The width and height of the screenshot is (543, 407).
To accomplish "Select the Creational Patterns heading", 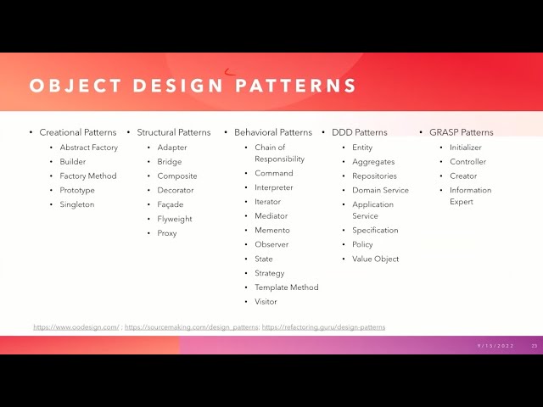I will [x=78, y=132].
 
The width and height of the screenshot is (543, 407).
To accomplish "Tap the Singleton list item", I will [x=77, y=204].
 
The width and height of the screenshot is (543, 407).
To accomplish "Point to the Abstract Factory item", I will [x=89, y=148].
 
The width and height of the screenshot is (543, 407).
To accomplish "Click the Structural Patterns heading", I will [x=174, y=132].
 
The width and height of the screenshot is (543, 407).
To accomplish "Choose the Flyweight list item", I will [x=175, y=219].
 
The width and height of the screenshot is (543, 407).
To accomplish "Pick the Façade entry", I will [x=171, y=204].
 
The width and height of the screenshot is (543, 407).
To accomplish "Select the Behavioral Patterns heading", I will [x=273, y=132].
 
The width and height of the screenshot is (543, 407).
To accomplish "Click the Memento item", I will [x=272, y=230].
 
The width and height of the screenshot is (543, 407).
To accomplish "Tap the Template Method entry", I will [x=287, y=287].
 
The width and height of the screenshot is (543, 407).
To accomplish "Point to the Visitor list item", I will [x=266, y=302].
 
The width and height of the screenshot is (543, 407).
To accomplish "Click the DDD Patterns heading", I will [x=360, y=132].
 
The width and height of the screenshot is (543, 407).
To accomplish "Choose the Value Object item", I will [x=375, y=259].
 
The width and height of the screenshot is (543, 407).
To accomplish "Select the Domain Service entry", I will [x=380, y=190].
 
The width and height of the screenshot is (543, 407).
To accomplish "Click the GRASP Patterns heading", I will [x=462, y=132].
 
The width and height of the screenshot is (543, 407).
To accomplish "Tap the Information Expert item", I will [x=470, y=196].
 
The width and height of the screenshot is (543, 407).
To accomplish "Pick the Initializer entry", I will [x=466, y=148].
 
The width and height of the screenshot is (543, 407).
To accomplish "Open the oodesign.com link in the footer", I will [x=76, y=327].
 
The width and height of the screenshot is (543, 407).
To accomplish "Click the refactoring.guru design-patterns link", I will [x=323, y=327].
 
